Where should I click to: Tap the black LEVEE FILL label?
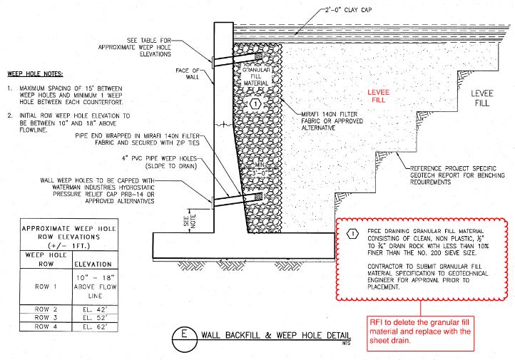[x=482, y=100]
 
